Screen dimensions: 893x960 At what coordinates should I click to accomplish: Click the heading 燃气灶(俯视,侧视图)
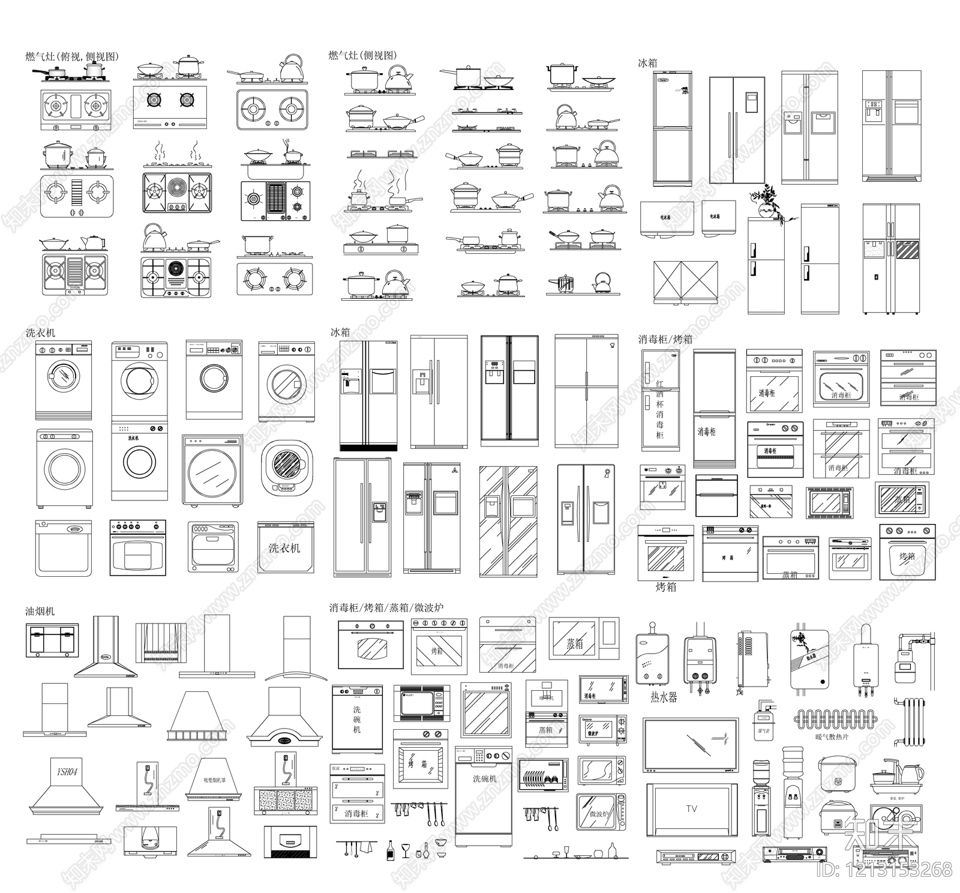click(72, 56)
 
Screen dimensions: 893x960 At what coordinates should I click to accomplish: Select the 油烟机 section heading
click(40, 611)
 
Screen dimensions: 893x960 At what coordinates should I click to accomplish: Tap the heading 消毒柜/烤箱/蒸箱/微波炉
click(386, 607)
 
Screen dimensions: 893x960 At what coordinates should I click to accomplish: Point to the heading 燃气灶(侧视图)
click(362, 55)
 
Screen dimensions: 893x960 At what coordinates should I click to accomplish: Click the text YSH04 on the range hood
click(67, 771)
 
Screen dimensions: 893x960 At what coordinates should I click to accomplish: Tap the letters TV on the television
click(692, 809)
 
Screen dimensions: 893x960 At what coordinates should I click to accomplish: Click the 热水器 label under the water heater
click(664, 697)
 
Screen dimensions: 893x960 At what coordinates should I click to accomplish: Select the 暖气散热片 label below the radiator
click(832, 737)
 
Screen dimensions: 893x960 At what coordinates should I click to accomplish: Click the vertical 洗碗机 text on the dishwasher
click(357, 719)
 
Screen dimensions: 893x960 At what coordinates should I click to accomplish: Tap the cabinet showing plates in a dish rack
click(544, 775)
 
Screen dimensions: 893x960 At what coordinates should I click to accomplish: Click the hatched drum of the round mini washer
click(286, 464)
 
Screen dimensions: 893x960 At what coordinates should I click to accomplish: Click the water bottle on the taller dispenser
click(793, 761)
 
